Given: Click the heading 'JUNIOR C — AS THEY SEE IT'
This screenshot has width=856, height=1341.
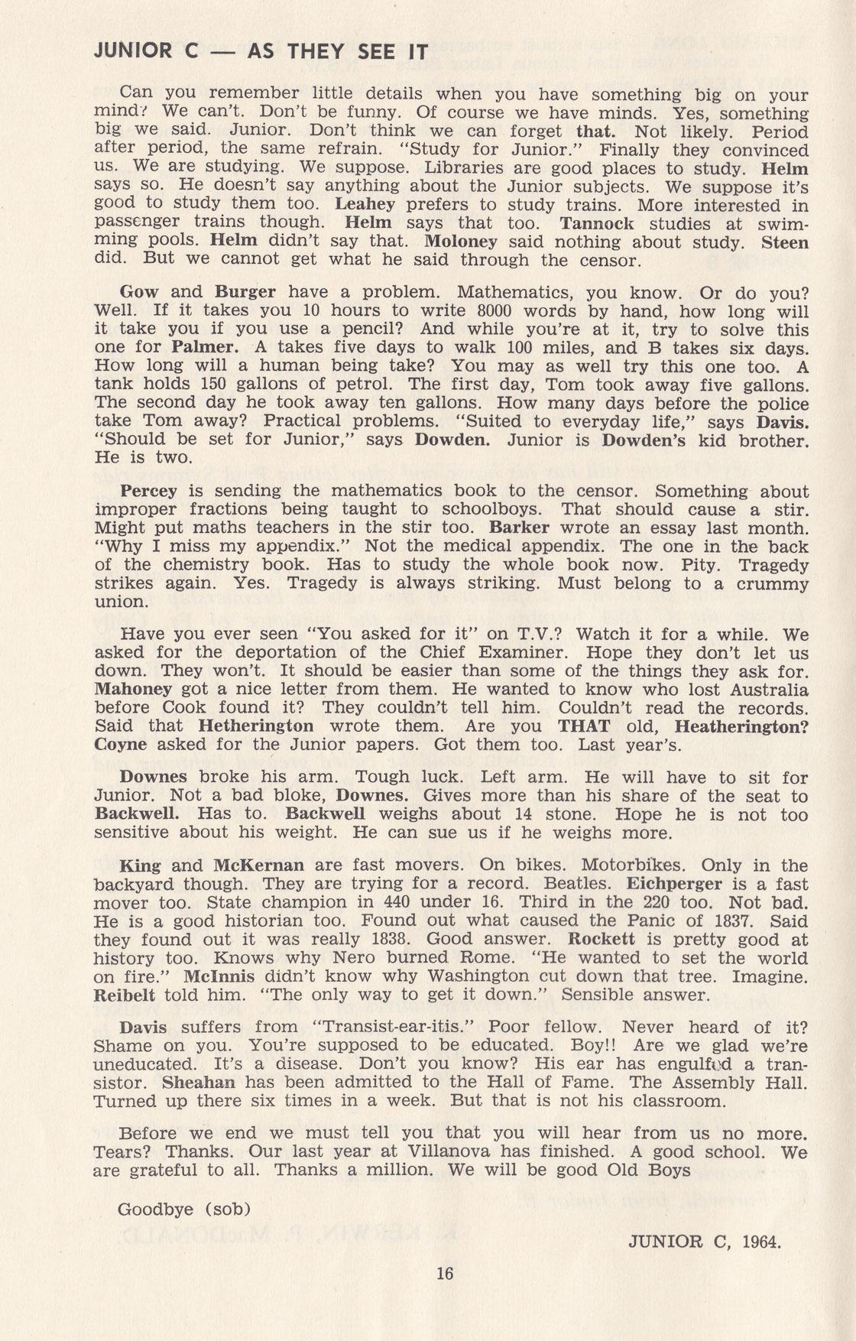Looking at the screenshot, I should pos(261,52).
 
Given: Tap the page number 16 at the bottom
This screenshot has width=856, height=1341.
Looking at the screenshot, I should pos(444,1273).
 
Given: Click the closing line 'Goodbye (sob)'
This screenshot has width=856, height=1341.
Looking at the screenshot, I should pos(184,1209).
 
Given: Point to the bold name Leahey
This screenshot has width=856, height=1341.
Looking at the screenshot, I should pos(365,205).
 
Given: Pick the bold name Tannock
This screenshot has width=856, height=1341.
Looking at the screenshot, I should pos(597,223).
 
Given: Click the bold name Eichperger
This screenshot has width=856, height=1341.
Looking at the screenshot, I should pos(674,884).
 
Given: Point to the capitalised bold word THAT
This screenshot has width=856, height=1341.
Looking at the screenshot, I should pos(584,726).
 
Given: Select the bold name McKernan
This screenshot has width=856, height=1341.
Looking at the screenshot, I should pos(258,865).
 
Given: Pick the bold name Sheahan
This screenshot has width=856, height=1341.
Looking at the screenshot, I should pos(199,1083).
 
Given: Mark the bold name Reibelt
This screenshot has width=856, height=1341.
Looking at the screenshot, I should pos(124,995).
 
